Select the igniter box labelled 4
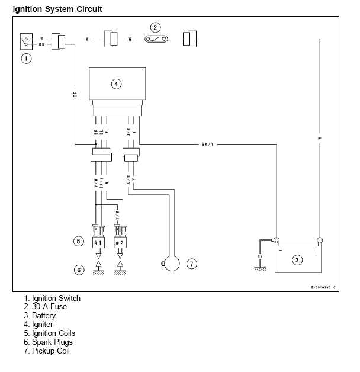click(x=116, y=84)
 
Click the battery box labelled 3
click(x=298, y=259)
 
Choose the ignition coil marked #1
click(x=98, y=243)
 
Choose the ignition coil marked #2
click(x=120, y=243)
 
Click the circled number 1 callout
click(x=25, y=58)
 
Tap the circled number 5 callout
click(x=78, y=241)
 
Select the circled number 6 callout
click(x=78, y=270)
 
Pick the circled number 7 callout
click(x=191, y=264)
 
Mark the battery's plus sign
click(x=316, y=251)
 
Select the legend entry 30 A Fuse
click(x=46, y=307)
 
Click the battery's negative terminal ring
click(x=275, y=240)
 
